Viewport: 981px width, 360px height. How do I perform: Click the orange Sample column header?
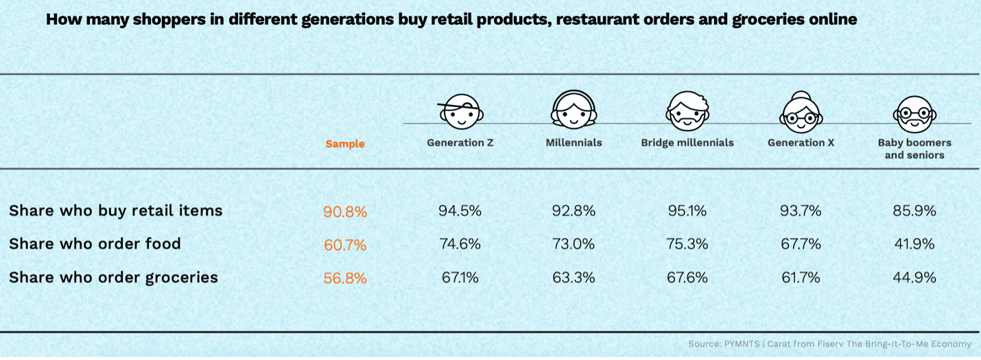pos(345,144)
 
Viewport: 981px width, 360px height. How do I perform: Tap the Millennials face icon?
pos(574,110)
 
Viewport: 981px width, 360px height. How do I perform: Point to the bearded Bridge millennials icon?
pos(687,112)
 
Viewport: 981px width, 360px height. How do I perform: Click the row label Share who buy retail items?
pos(116,211)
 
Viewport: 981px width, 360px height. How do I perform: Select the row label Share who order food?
pos(95,243)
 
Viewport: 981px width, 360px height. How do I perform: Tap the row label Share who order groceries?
pos(113,277)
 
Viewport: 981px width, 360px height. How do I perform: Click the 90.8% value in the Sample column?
pos(345,212)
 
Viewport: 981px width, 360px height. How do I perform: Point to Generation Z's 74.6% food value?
pos(460,244)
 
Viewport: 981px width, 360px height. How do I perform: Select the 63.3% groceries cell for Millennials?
pos(574,277)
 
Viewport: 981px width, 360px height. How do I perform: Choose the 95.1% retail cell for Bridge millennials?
pos(687,211)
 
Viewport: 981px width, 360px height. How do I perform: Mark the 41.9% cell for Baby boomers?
pos(914,244)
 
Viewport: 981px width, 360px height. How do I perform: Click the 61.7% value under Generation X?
pos(800,277)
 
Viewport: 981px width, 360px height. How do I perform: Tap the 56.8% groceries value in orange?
pos(345,278)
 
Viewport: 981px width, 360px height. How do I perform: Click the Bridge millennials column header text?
pos(687,143)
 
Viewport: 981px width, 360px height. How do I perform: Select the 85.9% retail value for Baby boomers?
pos(914,211)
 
